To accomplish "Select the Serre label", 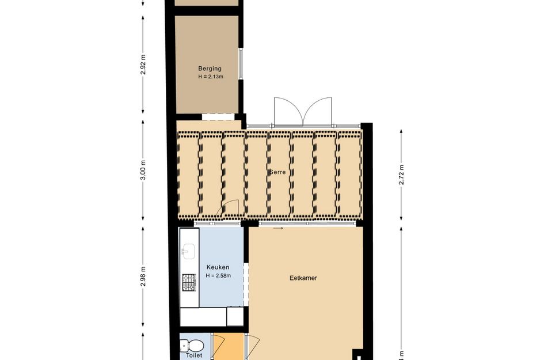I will (278, 172).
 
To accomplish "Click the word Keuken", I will (218, 267).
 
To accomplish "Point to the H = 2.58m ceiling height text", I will (218, 275).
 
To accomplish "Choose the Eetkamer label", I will (303, 278).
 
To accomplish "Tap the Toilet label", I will (194, 356).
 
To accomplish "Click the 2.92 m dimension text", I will (143, 65).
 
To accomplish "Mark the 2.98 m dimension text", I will (143, 278).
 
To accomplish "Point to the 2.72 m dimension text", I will (402, 173).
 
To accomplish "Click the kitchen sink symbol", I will (188, 251).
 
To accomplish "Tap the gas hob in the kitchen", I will (189, 282).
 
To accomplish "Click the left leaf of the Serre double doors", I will (286, 111).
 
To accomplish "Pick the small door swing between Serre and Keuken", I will (230, 209).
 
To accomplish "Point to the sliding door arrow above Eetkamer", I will (278, 229).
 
